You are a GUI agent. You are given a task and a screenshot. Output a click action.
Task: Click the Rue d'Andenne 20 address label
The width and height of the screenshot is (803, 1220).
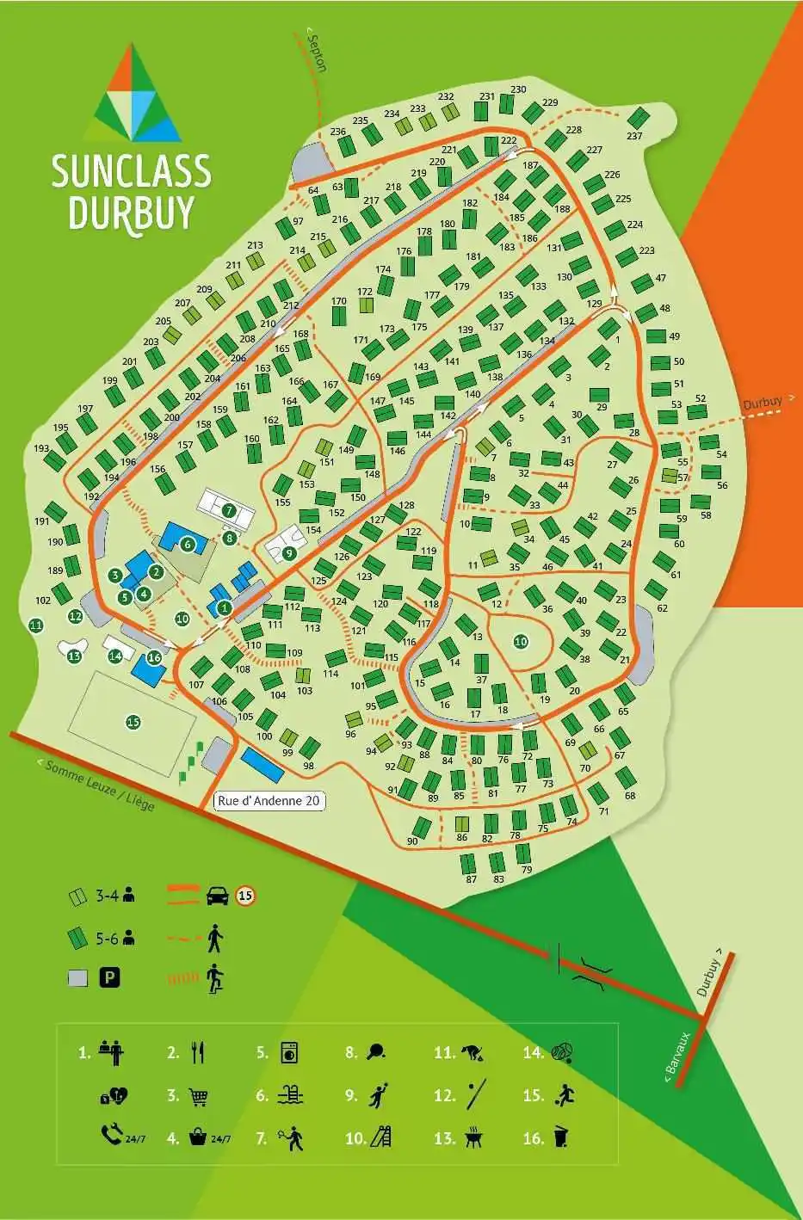pos(269,801)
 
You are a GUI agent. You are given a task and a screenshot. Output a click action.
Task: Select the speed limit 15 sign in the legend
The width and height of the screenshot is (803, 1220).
pos(246,897)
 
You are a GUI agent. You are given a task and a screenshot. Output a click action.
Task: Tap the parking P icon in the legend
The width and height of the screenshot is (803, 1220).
pos(109,977)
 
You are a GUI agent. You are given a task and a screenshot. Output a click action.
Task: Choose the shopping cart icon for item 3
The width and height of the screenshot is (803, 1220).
pos(198,1097)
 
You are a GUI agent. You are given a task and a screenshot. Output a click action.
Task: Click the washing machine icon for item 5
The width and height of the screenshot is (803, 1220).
pos(288,1052)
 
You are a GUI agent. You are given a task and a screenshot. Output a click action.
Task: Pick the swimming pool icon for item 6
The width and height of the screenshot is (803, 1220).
pos(291,1095)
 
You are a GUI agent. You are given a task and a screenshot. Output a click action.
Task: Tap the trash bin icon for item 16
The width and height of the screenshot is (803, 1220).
pos(560,1138)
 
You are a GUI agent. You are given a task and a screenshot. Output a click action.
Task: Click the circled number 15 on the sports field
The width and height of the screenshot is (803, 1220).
pos(133,722)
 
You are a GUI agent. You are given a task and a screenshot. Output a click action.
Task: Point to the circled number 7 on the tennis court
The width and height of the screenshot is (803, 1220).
pos(229,509)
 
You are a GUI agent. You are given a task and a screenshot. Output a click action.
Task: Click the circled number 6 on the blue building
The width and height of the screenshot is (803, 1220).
pos(187,543)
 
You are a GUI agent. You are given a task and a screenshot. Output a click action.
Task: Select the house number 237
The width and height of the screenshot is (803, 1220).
pos(634,136)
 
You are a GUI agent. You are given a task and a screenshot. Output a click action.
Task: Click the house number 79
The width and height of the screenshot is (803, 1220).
pos(527,870)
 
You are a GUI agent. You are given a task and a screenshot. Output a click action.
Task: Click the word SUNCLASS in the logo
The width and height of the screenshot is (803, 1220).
pos(131,171)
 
